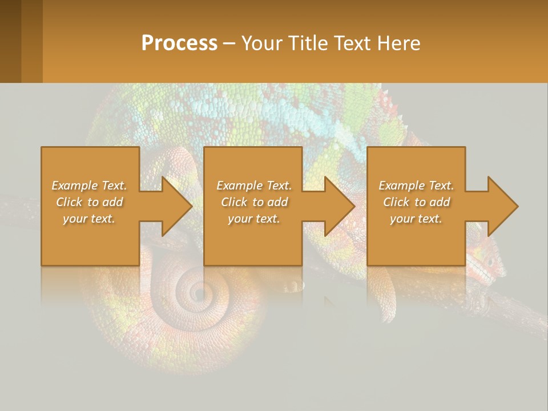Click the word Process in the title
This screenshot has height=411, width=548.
[x=179, y=43]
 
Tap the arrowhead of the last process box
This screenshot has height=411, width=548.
[x=502, y=206]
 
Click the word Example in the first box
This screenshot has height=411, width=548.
[x=75, y=186]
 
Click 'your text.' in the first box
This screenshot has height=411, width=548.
[x=89, y=219]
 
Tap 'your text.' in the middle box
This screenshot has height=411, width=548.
[x=254, y=219]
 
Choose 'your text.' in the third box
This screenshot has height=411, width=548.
[x=416, y=219]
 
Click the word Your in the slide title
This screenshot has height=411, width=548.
[x=261, y=43]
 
